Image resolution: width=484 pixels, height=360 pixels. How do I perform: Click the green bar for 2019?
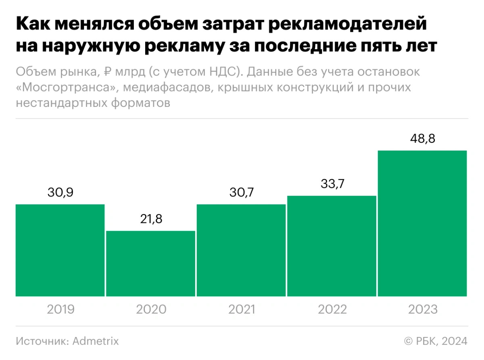60,250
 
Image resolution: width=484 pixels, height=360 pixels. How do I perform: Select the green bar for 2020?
151,264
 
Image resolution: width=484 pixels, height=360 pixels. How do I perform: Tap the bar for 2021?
241,250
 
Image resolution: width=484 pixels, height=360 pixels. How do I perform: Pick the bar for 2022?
332,246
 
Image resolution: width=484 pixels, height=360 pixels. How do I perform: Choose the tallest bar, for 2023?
422,223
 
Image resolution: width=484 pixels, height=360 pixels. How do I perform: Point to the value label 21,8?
151,219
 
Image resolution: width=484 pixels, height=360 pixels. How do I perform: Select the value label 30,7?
241,193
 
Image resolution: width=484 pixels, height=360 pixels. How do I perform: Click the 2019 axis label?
60,310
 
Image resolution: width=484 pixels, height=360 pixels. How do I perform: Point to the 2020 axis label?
151,310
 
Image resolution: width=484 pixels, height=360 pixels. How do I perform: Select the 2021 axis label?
241,310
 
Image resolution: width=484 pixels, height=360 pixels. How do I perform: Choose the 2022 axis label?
332,310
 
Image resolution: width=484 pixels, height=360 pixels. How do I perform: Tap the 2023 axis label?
422,310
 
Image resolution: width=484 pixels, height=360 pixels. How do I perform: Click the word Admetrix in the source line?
96,341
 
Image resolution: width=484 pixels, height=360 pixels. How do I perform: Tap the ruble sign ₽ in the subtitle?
108,73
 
